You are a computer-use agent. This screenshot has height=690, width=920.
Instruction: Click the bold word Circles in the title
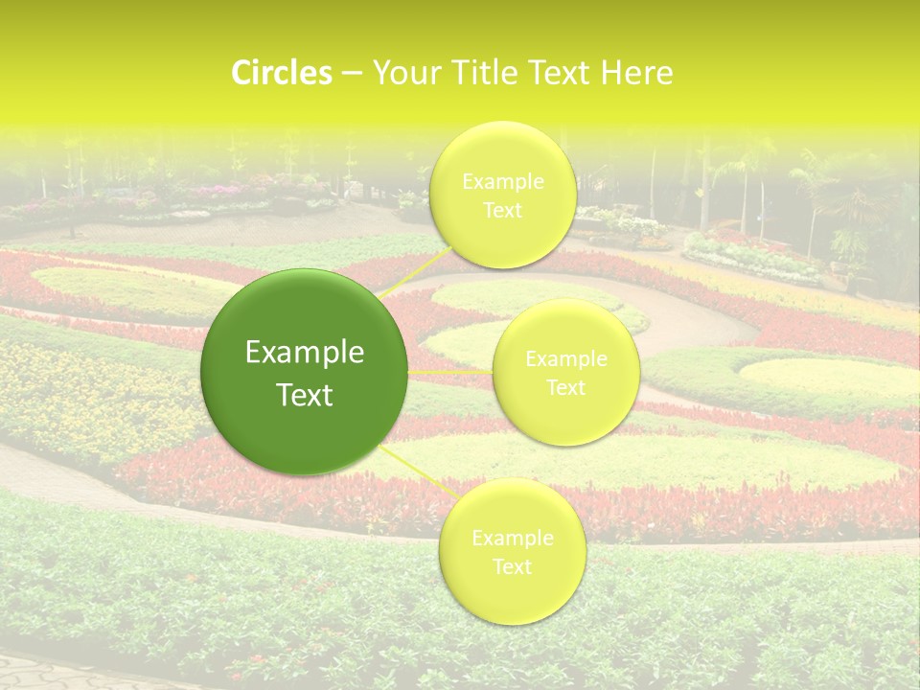tap(282, 73)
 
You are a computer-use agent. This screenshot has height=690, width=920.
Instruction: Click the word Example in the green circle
tap(305, 353)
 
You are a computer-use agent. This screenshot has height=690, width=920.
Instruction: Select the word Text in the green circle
tap(305, 395)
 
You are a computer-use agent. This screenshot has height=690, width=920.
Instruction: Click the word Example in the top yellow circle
tap(502, 181)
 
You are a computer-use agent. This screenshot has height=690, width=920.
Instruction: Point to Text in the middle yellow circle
tap(565, 387)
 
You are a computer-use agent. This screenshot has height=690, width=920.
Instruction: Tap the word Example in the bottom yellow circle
tap(512, 538)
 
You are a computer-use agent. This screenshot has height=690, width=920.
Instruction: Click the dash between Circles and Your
tap(351, 73)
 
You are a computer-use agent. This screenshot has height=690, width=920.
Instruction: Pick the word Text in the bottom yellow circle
tap(512, 566)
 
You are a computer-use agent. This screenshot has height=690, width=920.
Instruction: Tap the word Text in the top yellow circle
tap(502, 210)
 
